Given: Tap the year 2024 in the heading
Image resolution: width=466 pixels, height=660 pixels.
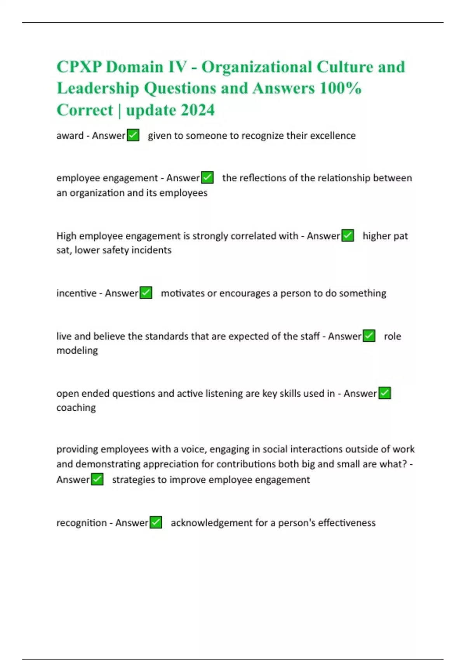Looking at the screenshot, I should pyautogui.click(x=198, y=110).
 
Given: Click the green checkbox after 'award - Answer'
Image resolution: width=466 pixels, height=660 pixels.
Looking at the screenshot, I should pyautogui.click(x=133, y=135).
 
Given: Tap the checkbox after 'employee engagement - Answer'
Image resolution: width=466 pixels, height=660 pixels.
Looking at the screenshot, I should pyautogui.click(x=207, y=178).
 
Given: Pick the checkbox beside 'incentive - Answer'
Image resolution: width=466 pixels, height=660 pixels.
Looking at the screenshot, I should pyautogui.click(x=146, y=293).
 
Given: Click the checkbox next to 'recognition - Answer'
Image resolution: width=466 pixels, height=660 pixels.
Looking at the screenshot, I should pyautogui.click(x=156, y=523).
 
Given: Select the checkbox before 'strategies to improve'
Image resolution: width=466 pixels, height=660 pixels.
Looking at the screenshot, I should pyautogui.click(x=97, y=479).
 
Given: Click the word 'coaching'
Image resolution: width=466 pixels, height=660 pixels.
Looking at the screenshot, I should pyautogui.click(x=76, y=408).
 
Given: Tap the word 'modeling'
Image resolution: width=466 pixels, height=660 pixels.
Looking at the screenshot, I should pyautogui.click(x=77, y=351).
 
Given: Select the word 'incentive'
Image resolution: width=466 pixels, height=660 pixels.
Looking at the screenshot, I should pyautogui.click(x=77, y=293).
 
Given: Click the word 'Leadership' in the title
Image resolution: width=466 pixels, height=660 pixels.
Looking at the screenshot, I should pyautogui.click(x=98, y=88).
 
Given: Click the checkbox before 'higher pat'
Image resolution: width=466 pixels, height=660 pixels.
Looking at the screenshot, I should pyautogui.click(x=348, y=236).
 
